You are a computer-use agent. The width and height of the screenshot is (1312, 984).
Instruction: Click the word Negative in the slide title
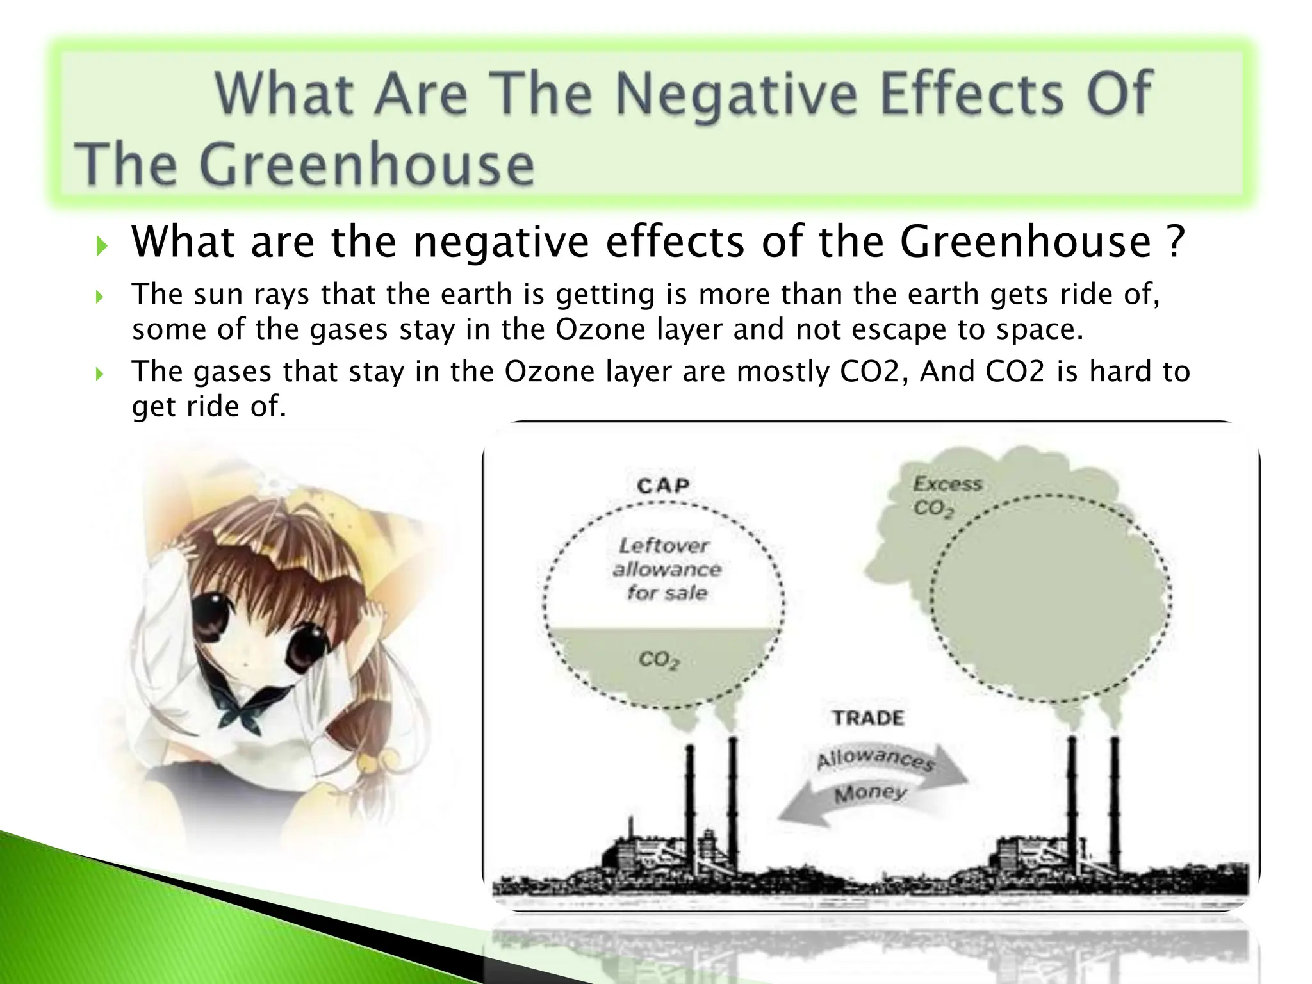735,95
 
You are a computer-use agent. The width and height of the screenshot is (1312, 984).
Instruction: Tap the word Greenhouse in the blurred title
366,165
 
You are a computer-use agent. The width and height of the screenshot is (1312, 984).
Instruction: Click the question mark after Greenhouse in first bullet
1173,242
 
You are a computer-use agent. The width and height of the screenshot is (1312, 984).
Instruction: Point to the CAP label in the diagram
662,486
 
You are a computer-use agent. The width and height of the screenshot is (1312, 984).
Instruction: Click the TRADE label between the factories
868,717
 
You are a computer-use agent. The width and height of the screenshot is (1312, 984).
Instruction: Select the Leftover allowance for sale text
666,569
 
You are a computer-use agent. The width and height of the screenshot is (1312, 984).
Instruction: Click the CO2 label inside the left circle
658,660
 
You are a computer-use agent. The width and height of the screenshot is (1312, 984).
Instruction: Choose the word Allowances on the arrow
874,759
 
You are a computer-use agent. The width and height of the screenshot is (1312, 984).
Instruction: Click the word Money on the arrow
870,794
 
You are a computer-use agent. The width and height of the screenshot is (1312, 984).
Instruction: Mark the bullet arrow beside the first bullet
101,245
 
